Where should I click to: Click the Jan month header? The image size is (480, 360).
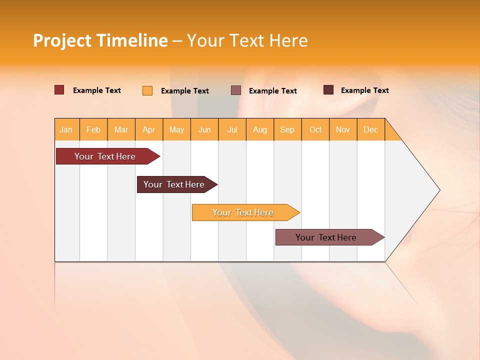pyautogui.click(x=66, y=129)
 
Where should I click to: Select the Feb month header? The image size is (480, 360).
pyautogui.click(x=93, y=129)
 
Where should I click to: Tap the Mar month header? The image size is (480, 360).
pyautogui.click(x=121, y=129)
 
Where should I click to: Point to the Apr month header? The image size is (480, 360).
pyautogui.click(x=148, y=129)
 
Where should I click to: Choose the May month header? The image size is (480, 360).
pyautogui.click(x=176, y=129)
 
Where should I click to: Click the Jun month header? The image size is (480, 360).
pyautogui.click(x=204, y=129)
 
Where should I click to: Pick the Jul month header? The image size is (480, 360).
pyautogui.click(x=232, y=129)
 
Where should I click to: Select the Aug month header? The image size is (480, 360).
pyautogui.click(x=259, y=129)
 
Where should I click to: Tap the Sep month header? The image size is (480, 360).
pyautogui.click(x=287, y=129)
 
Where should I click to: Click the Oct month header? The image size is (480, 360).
pyautogui.click(x=315, y=129)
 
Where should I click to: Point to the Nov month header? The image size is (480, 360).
pyautogui.click(x=343, y=129)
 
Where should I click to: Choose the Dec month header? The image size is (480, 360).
pyautogui.click(x=370, y=129)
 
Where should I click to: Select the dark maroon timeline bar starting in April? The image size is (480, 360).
pyautogui.click(x=175, y=184)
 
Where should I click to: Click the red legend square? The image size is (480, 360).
pyautogui.click(x=59, y=90)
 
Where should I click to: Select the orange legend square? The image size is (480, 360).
pyautogui.click(x=147, y=90)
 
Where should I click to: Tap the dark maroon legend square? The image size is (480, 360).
pyautogui.click(x=328, y=90)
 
